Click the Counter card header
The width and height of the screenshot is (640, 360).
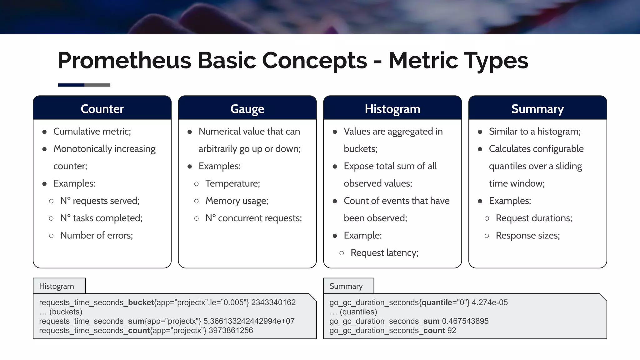(x=102, y=109)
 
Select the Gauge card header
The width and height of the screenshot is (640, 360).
(x=247, y=109)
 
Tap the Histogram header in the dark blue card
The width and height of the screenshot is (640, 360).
(x=392, y=109)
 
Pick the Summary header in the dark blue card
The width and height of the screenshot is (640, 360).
(x=537, y=109)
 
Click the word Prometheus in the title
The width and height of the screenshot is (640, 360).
(x=124, y=60)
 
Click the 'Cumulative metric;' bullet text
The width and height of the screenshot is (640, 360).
(x=92, y=132)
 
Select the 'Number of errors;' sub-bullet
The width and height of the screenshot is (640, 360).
(x=97, y=235)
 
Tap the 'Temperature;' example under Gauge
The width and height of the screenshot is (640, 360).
(x=232, y=183)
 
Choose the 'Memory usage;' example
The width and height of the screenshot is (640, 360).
(x=237, y=201)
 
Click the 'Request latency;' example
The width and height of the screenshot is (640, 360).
(x=384, y=252)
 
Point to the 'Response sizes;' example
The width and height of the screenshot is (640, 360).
(x=528, y=235)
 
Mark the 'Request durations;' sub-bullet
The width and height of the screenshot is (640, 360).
(x=534, y=218)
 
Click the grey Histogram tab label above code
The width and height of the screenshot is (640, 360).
(x=57, y=286)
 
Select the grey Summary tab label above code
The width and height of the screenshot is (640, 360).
(x=346, y=286)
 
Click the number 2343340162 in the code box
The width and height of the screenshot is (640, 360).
(x=273, y=302)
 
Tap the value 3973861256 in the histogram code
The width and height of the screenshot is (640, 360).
(x=231, y=331)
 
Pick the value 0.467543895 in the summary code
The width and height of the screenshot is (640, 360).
(x=465, y=321)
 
